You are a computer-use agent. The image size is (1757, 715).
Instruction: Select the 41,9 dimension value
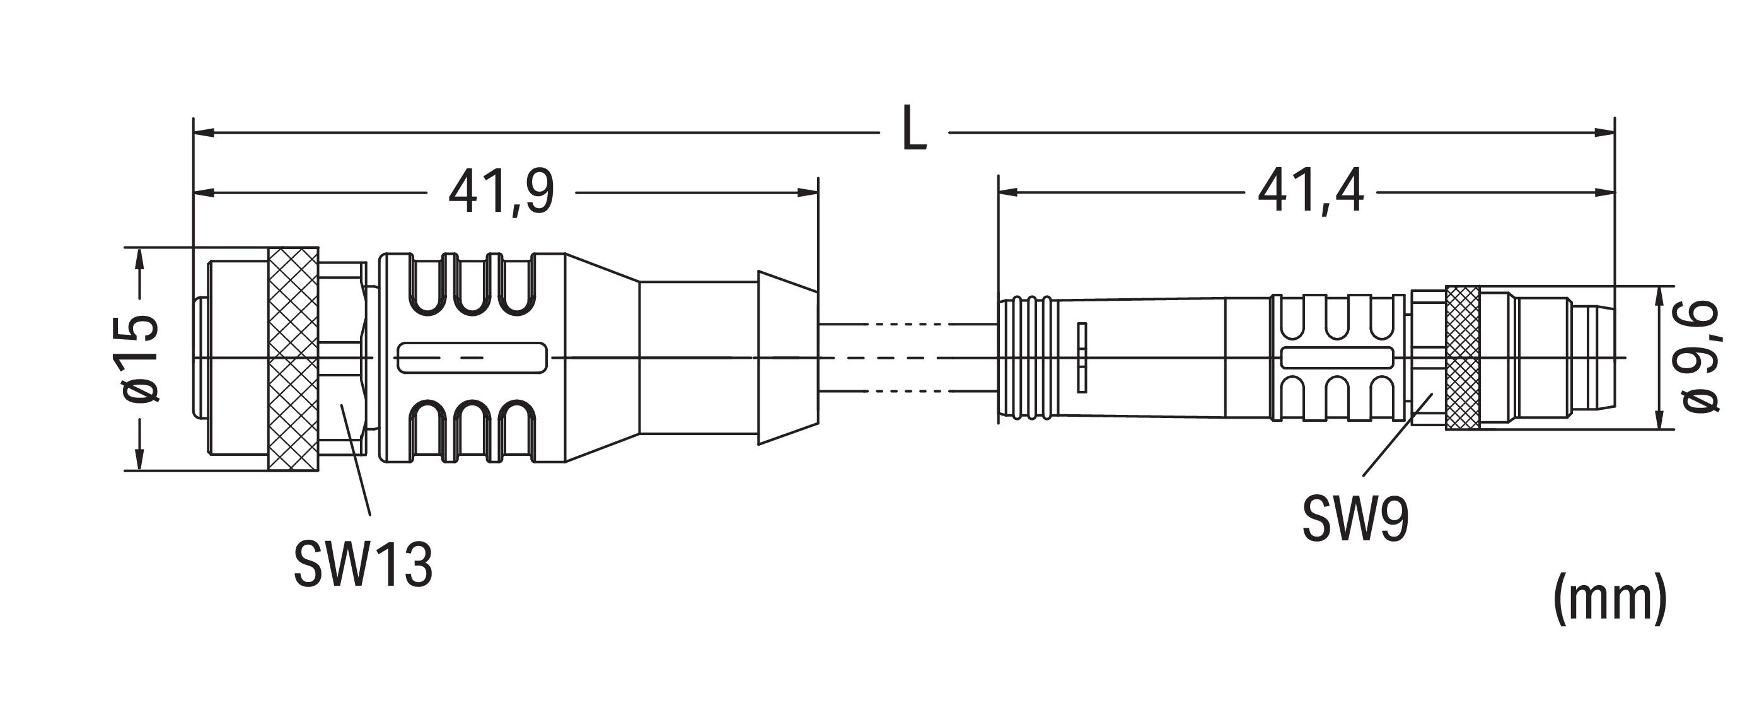(501, 192)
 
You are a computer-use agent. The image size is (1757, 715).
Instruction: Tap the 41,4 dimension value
(1310, 192)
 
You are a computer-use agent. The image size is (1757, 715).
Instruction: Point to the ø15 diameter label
(141, 357)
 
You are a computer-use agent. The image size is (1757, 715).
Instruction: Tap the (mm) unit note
(1609, 598)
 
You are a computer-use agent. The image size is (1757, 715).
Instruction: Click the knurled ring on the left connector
(293, 359)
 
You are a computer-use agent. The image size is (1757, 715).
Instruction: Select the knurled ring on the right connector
(1463, 358)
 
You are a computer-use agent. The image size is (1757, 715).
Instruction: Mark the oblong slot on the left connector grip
(472, 358)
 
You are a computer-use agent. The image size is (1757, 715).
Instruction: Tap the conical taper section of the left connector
(602, 358)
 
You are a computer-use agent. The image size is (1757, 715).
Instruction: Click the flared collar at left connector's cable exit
(789, 358)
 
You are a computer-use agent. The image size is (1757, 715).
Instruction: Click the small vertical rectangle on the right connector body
(1082, 357)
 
